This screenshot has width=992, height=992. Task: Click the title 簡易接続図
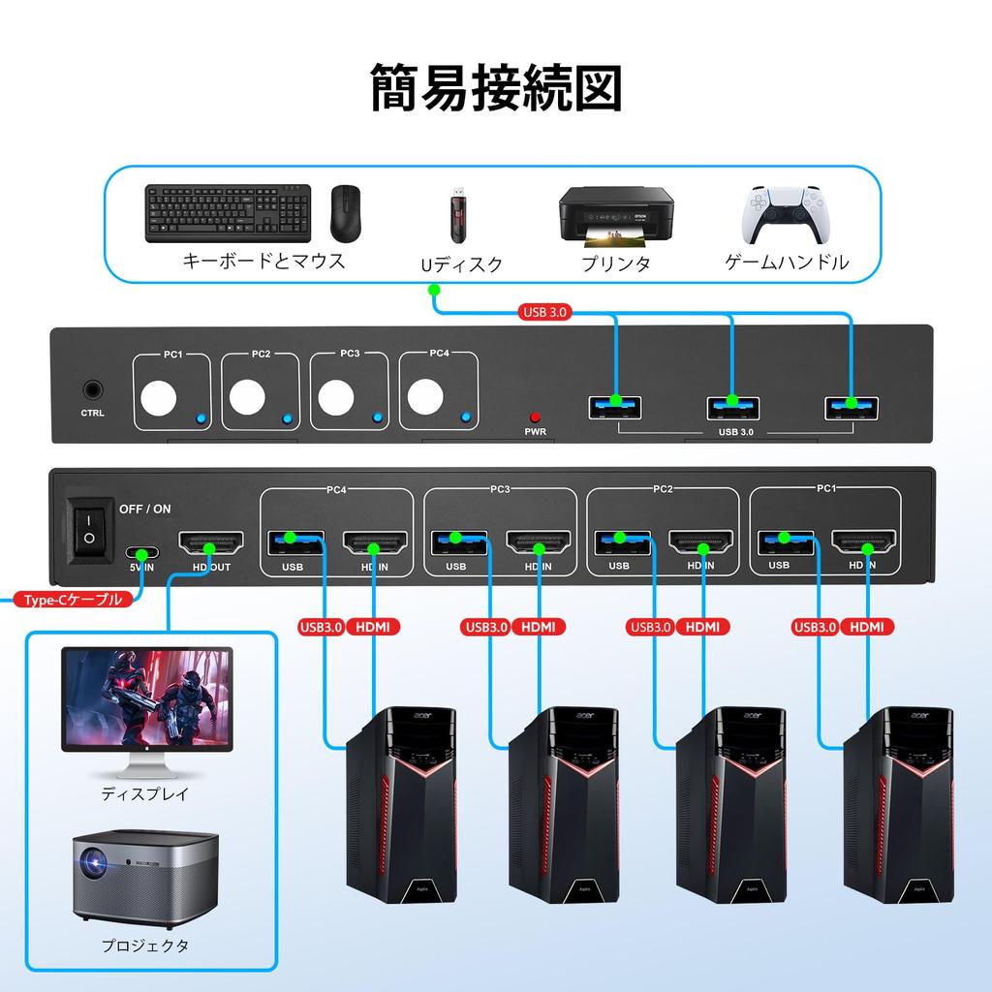pos(495,89)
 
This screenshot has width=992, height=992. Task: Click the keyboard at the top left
pos(229,214)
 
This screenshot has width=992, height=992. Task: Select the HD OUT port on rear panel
pos(205,543)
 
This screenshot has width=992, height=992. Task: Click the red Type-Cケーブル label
pos(73,600)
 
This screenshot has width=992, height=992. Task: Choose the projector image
pos(145,876)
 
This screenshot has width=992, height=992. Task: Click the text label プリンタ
pos(615,263)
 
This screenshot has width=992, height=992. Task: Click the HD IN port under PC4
pos(373,543)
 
